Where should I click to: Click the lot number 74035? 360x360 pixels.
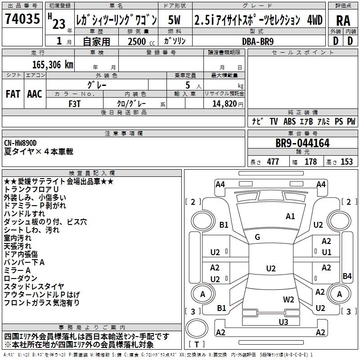[21, 21]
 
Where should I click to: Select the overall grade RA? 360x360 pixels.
[343, 20]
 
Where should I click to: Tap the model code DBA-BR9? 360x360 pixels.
[257, 40]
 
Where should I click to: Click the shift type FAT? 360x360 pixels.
[13, 94]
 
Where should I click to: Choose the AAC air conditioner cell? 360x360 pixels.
[35, 94]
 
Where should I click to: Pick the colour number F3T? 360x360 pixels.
[74, 103]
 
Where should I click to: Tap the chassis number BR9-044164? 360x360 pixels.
[302, 144]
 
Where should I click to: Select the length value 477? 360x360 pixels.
[273, 162]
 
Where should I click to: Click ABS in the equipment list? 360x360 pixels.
[290, 121]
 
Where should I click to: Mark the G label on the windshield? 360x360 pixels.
[257, 237]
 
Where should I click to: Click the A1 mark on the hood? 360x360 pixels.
[290, 216]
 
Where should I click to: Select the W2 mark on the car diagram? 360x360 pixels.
[288, 299]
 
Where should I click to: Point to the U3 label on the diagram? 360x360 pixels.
[283, 321]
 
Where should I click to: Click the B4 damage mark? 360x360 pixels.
[347, 276]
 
